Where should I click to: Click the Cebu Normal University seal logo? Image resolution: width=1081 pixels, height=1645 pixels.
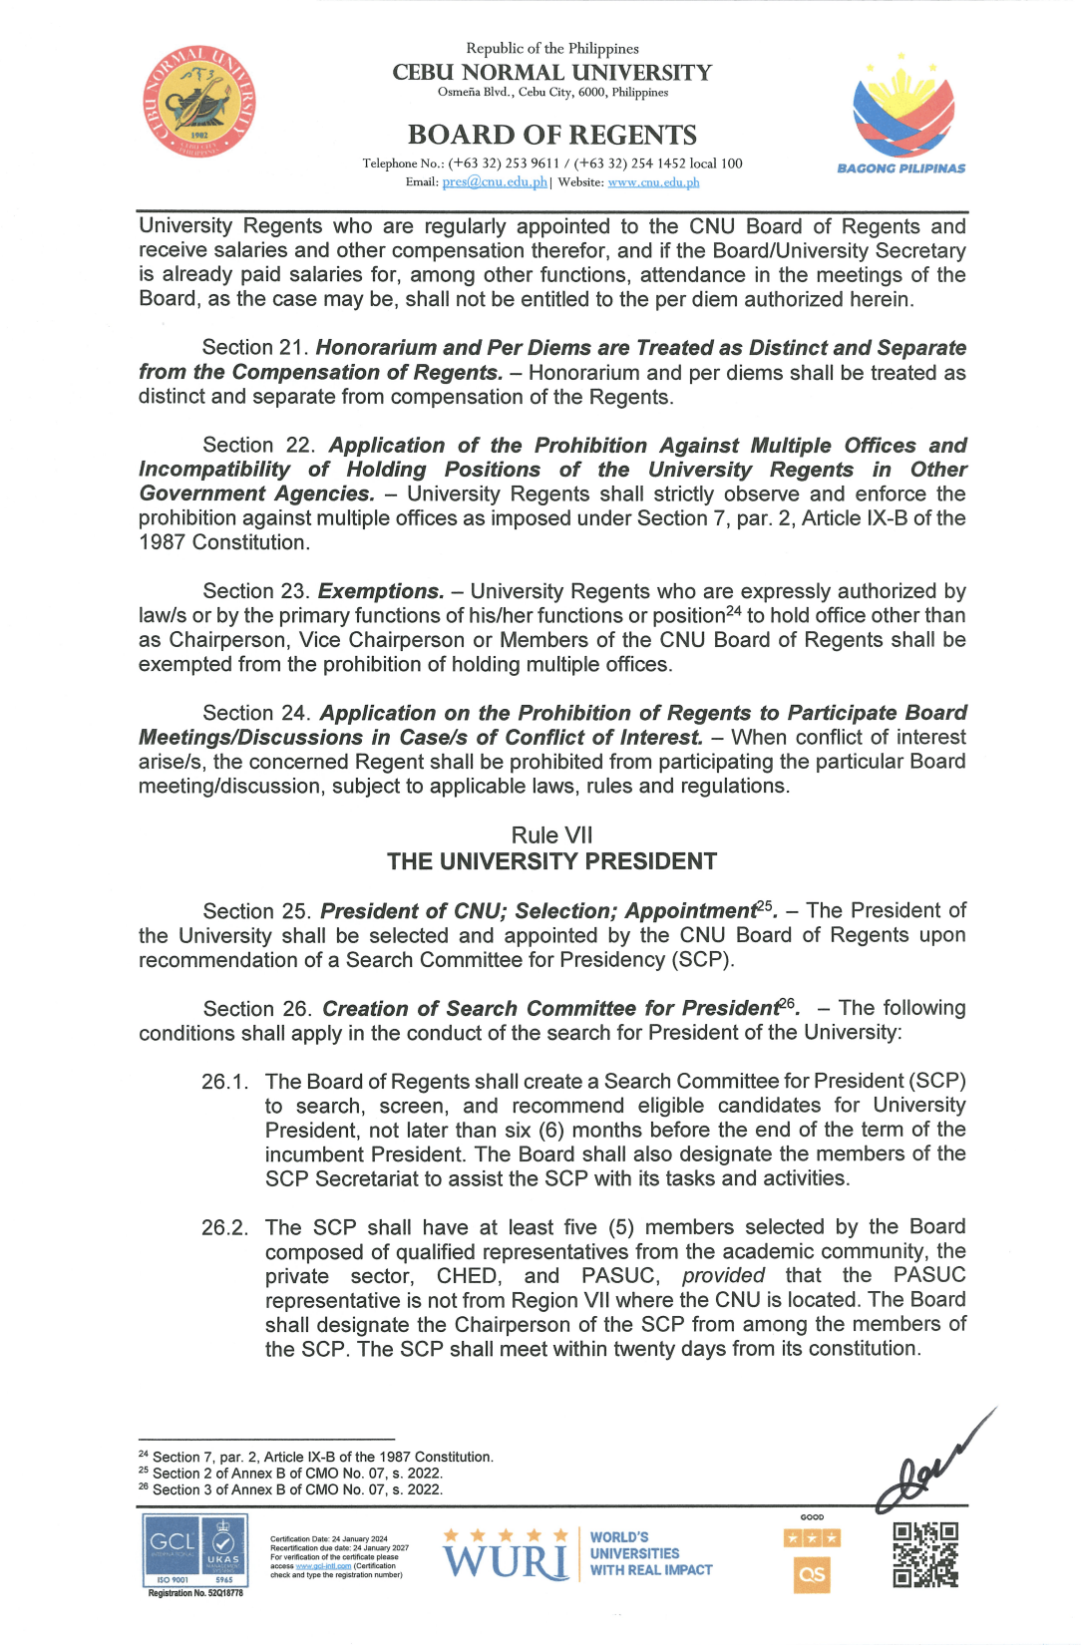[198, 101]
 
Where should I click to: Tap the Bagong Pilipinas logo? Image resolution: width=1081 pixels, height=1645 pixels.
[901, 113]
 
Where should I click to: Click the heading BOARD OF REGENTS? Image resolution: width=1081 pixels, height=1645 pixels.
[551, 135]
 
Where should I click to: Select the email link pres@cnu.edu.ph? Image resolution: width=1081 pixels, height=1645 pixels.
[495, 182]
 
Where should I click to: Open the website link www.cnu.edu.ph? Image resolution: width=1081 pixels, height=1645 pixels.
[653, 182]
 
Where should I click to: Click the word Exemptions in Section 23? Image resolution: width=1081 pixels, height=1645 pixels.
[380, 592]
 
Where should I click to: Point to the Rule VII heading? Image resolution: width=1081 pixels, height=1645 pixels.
[551, 835]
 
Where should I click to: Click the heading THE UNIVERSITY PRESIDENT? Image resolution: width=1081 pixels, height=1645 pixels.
[551, 861]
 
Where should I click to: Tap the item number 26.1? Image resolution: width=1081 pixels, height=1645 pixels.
[224, 1082]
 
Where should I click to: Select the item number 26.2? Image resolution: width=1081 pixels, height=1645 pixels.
[224, 1227]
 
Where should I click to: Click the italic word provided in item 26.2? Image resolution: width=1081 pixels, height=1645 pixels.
[723, 1276]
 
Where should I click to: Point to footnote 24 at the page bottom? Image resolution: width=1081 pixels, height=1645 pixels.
[316, 1458]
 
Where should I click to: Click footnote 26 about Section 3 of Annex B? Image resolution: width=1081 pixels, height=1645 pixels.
[291, 1489]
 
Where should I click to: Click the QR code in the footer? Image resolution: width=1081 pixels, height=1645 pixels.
[925, 1554]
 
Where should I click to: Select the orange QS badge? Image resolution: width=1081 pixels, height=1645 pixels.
[812, 1575]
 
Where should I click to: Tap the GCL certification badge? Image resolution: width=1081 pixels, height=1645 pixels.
[195, 1549]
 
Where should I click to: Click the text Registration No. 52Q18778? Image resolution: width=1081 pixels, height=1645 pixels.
[195, 1593]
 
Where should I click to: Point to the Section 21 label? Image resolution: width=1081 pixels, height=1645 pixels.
[254, 348]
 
